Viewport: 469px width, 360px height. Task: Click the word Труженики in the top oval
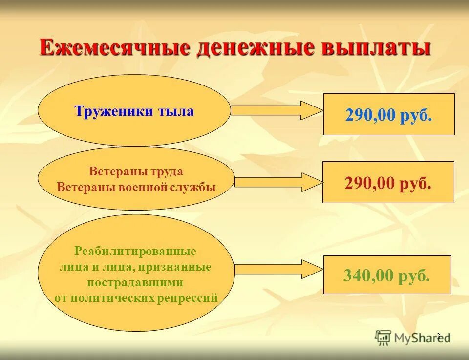[113, 111]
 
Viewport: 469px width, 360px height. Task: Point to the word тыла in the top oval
[175, 111]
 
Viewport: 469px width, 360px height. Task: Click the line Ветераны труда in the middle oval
[136, 172]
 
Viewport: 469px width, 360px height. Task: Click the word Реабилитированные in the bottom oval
[135, 252]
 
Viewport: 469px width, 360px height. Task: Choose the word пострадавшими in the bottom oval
[135, 282]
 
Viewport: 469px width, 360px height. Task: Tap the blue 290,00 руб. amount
[389, 116]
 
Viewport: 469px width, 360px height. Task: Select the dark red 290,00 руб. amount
[388, 183]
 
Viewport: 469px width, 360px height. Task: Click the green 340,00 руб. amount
[387, 276]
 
